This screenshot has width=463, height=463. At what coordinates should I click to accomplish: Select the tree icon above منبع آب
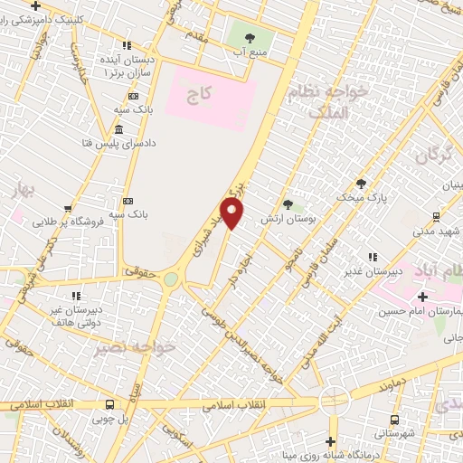pos(250,38)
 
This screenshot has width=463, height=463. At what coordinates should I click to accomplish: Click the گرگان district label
pos(433,153)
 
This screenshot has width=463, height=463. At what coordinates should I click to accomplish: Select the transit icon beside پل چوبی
pos(109,405)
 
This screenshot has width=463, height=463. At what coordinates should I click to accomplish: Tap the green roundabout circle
pos(171,279)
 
